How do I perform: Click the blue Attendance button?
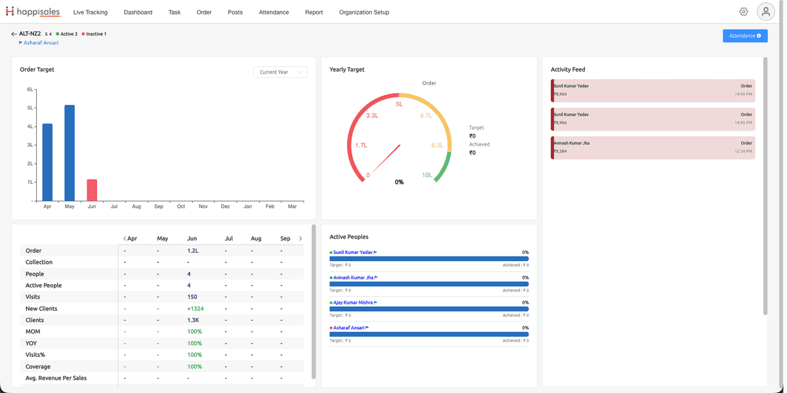click(x=745, y=36)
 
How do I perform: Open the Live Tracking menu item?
click(x=91, y=12)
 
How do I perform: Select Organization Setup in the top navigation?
click(x=364, y=12)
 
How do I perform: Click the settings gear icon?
click(x=744, y=12)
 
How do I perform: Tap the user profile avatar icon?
click(x=765, y=12)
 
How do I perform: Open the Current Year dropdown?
click(x=281, y=72)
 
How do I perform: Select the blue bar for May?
click(x=70, y=153)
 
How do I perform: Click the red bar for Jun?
click(x=92, y=190)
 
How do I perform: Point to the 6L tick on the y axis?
click(x=30, y=89)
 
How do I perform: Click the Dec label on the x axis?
click(x=225, y=207)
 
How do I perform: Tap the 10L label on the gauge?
click(x=427, y=175)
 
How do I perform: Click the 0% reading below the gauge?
click(x=399, y=182)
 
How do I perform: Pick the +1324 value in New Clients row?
click(x=195, y=308)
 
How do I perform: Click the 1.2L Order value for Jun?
click(x=193, y=251)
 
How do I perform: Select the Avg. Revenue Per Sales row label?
click(x=56, y=378)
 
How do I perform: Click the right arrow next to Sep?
click(x=300, y=238)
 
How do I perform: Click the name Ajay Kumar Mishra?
click(x=353, y=302)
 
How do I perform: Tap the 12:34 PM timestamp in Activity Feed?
click(x=744, y=151)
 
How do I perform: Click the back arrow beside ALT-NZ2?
click(x=14, y=33)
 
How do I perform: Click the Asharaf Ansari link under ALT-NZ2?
click(x=41, y=43)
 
